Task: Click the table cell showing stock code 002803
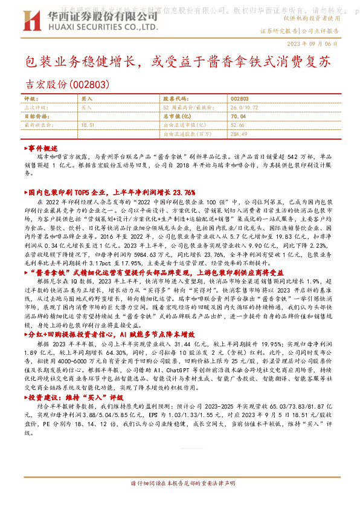point(240,98)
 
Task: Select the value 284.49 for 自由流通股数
point(240,134)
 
